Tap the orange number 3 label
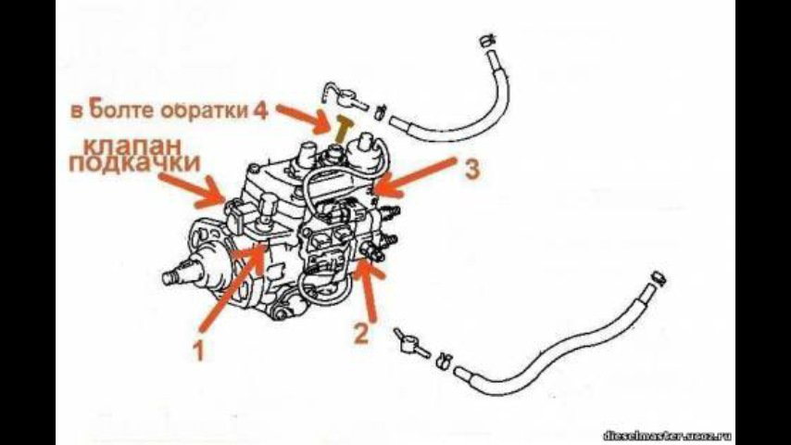click(471, 170)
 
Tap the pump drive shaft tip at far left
click(169, 275)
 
